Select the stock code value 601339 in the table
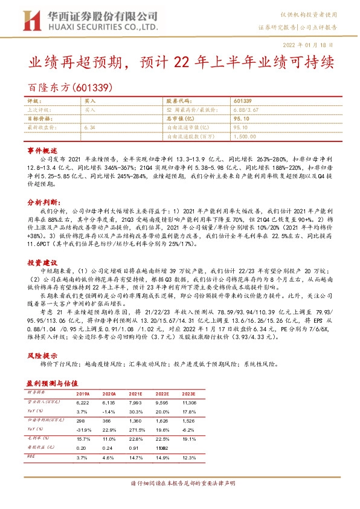(x=242, y=101)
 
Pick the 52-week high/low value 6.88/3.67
(x=246, y=110)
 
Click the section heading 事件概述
(x=42, y=150)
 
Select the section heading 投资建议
(x=42, y=263)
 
